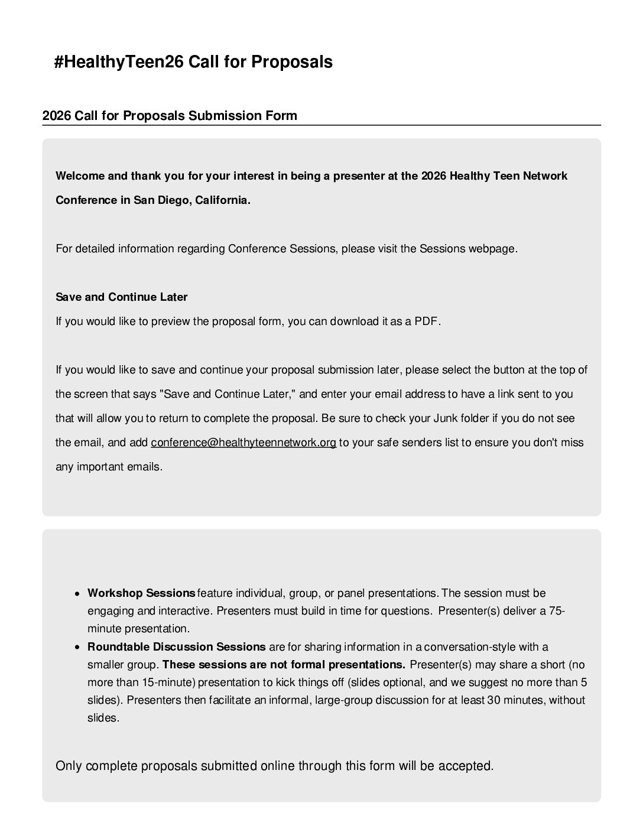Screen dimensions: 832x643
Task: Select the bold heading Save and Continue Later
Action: [122, 297]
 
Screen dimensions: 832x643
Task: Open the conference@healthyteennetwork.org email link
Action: [243, 443]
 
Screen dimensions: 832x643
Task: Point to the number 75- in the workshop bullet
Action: [557, 611]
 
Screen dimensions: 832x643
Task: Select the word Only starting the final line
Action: [69, 766]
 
